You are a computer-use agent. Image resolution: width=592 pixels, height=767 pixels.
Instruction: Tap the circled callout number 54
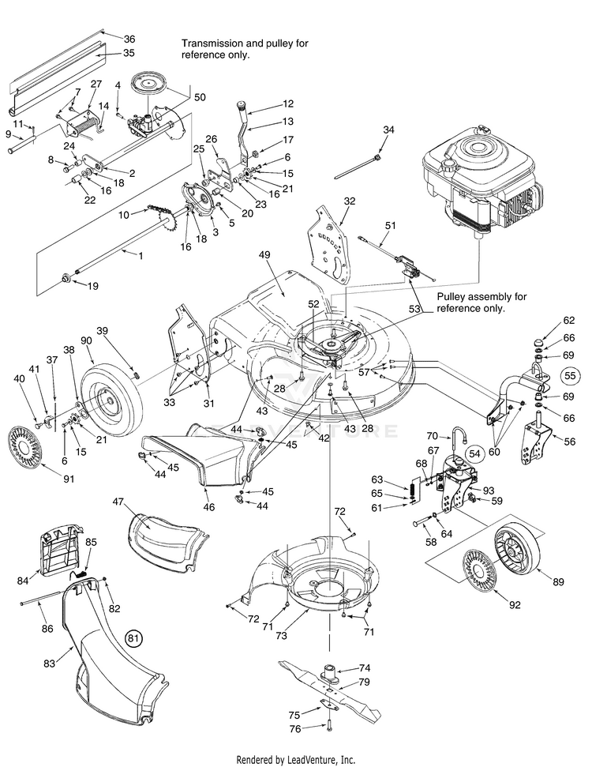tap(474, 453)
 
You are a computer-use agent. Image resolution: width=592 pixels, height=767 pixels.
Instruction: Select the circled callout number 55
tap(569, 375)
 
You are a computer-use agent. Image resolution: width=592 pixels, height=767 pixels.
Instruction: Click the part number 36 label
tap(129, 39)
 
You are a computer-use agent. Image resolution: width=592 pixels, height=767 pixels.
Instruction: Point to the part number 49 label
tap(264, 255)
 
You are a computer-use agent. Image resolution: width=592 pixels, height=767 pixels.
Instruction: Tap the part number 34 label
tap(388, 129)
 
